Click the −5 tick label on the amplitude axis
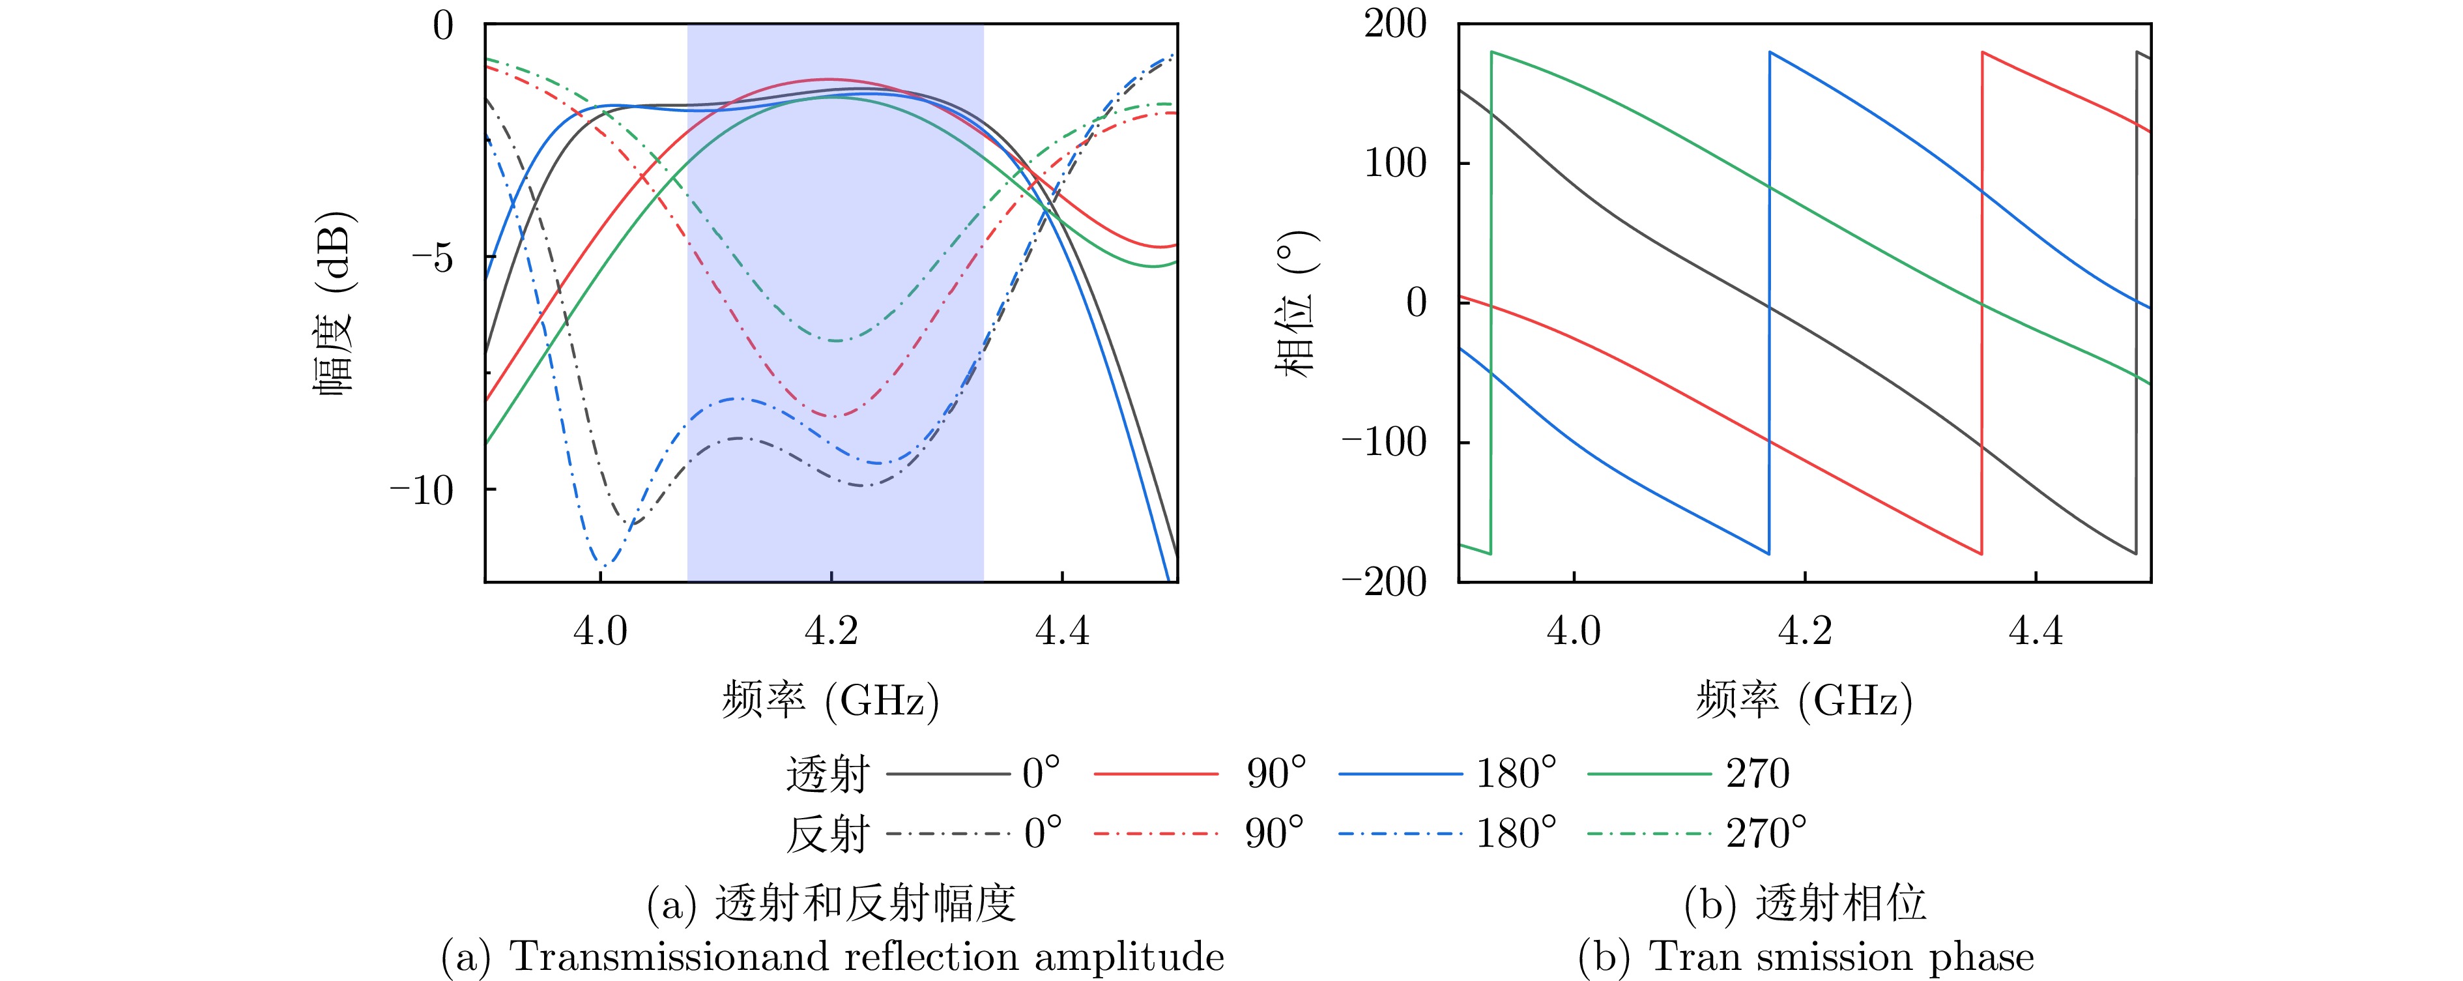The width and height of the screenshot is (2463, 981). point(432,258)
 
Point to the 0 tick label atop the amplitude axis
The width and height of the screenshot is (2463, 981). point(442,26)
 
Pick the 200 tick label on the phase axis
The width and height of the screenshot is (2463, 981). point(1395,24)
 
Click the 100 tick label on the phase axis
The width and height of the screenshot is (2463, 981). point(1395,164)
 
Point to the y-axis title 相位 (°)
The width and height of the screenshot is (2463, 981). point(1297,304)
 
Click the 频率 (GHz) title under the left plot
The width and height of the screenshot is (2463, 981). point(830,701)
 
